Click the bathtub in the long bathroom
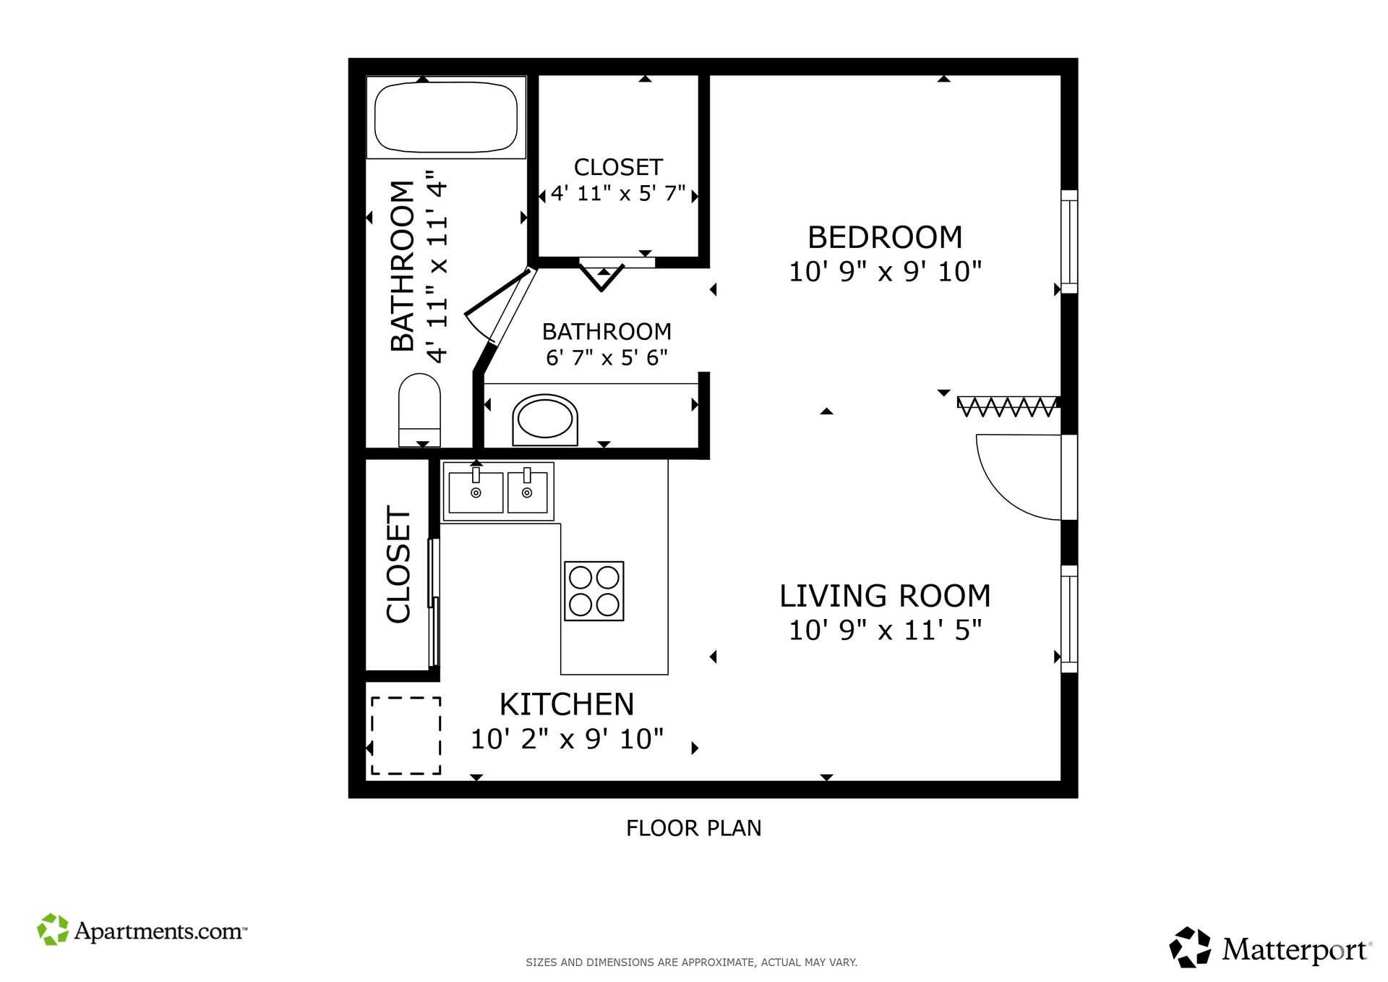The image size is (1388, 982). click(446, 116)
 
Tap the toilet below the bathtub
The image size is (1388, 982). click(419, 409)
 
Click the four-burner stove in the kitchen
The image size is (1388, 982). click(594, 591)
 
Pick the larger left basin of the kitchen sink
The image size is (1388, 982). click(476, 492)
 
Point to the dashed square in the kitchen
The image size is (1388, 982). click(406, 735)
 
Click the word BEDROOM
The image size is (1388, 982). click(885, 237)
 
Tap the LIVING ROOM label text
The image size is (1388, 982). click(885, 596)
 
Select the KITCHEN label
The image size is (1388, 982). click(567, 704)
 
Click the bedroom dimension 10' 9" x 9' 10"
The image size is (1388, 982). click(885, 272)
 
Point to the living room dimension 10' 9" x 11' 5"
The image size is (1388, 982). click(885, 631)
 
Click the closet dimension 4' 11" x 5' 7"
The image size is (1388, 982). click(618, 194)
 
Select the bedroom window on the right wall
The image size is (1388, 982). click(1069, 242)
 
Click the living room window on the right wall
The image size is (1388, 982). click(1069, 619)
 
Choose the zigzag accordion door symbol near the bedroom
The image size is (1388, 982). click(1008, 406)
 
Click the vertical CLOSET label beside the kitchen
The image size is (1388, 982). click(398, 564)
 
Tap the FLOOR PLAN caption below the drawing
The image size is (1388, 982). click(693, 828)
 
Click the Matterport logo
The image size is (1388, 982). click(1270, 948)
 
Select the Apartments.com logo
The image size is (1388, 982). click(142, 930)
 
